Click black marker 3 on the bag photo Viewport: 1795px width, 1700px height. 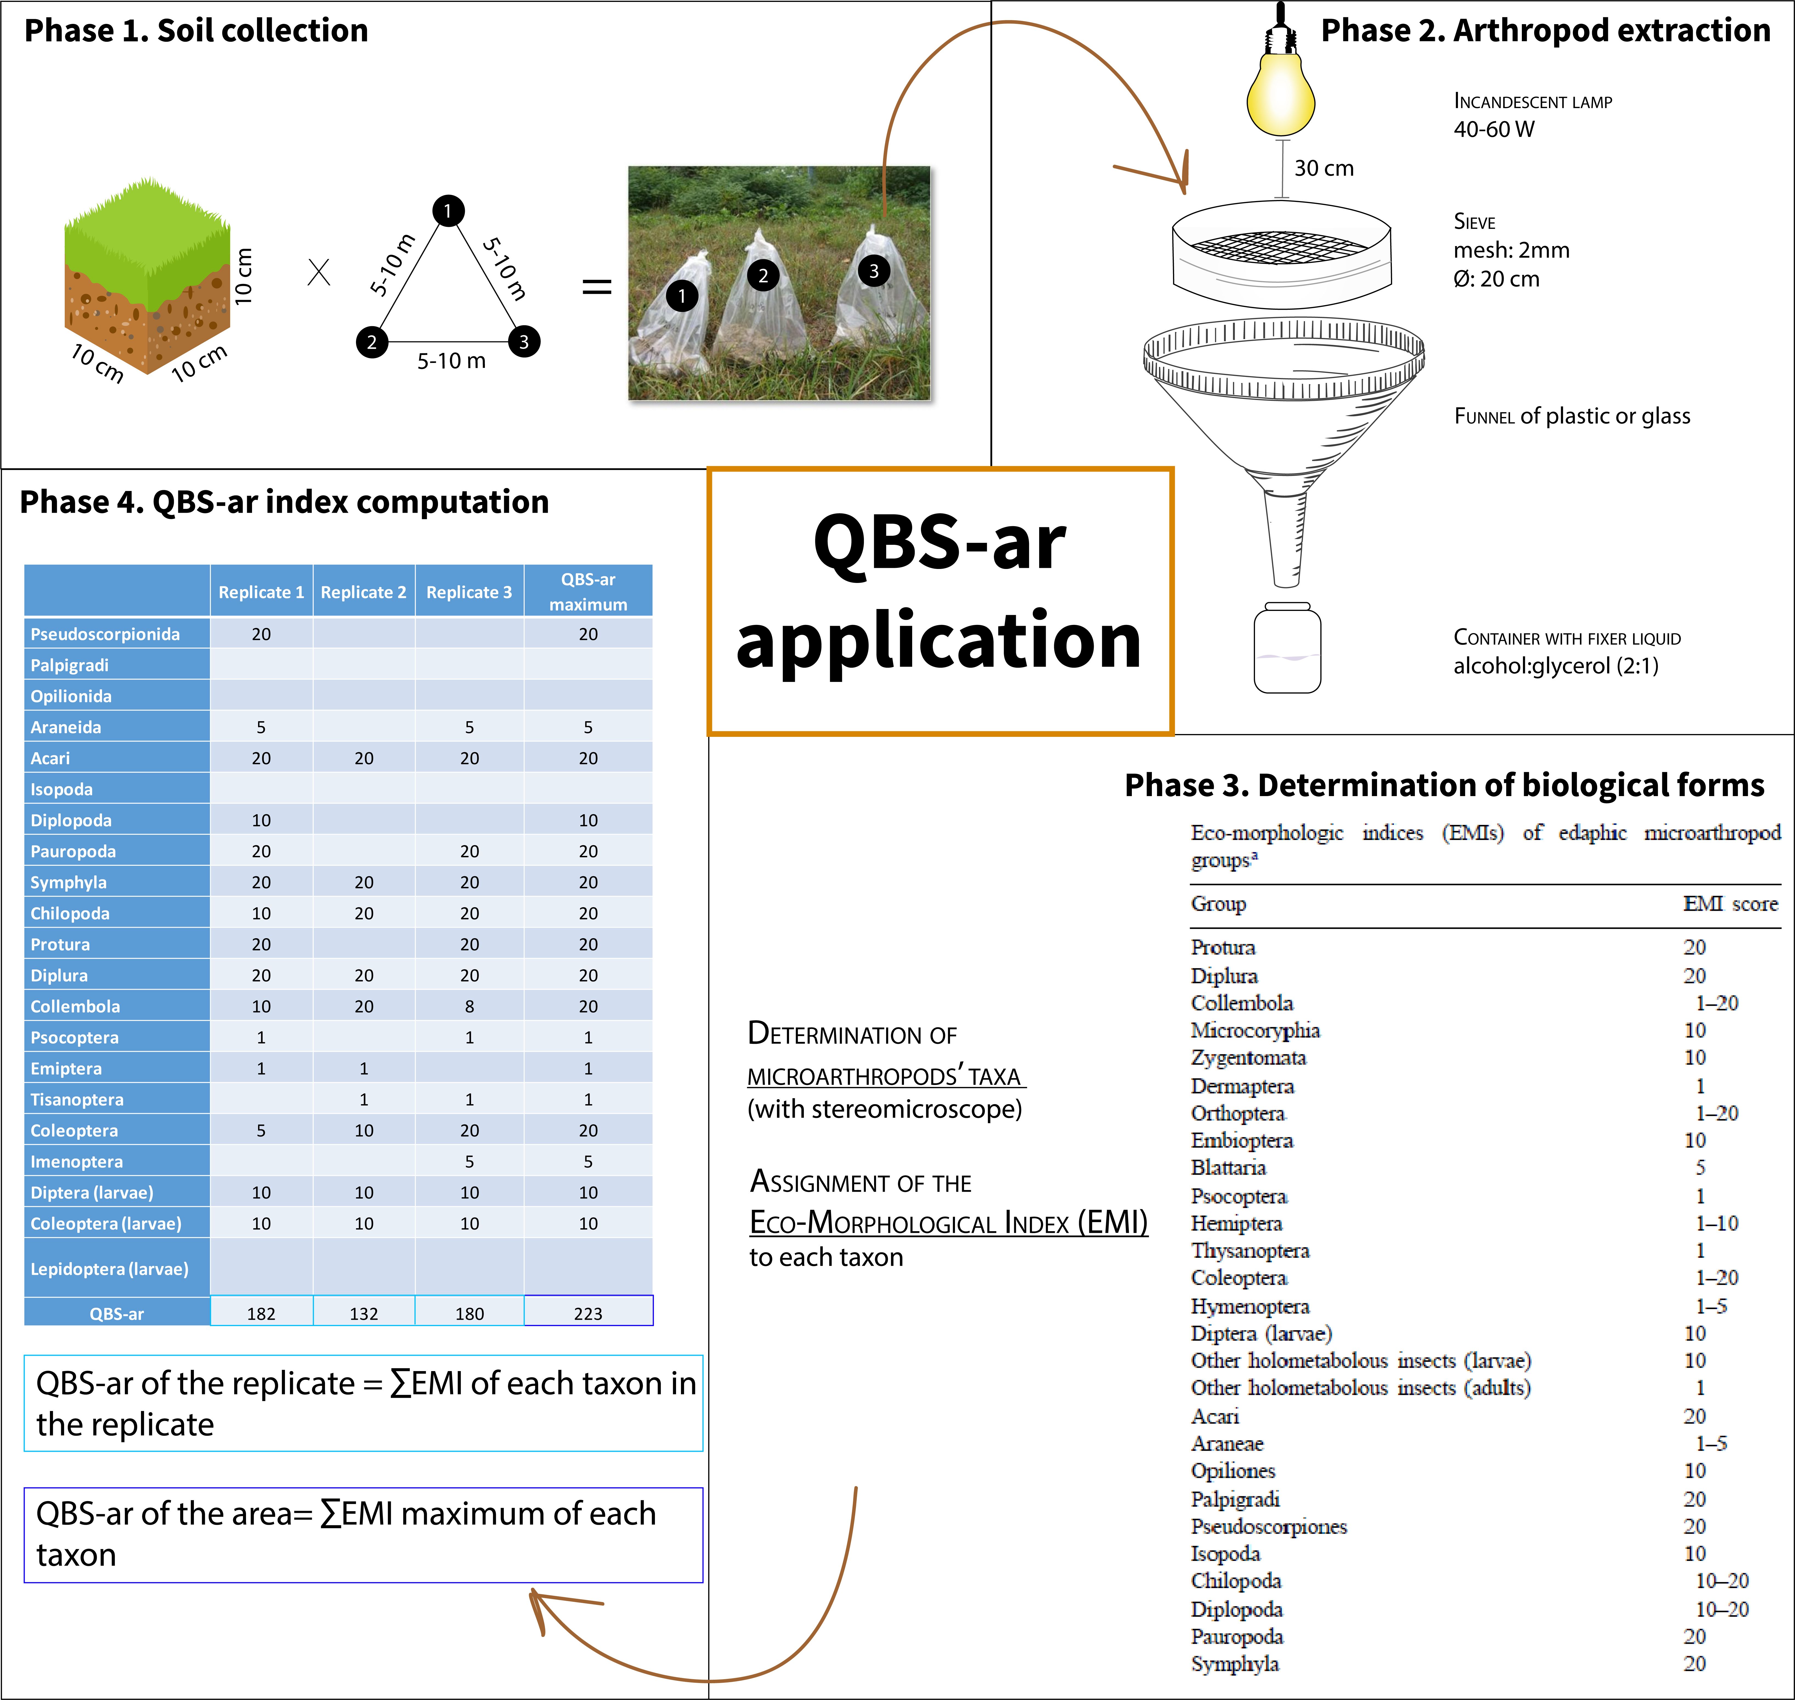(x=874, y=271)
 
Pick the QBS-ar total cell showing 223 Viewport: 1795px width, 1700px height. (x=588, y=1312)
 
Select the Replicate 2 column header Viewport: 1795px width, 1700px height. (x=363, y=592)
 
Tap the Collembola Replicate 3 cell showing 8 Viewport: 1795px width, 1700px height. (x=469, y=1006)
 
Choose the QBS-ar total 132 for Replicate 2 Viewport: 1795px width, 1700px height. (x=363, y=1312)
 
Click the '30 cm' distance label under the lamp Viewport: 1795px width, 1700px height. (x=1324, y=168)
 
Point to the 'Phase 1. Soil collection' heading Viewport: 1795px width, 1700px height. (x=196, y=31)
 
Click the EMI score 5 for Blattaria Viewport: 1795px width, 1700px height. (x=1700, y=1167)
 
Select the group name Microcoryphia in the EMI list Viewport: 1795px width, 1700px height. (x=1255, y=1030)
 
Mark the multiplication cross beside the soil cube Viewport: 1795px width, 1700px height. (x=319, y=272)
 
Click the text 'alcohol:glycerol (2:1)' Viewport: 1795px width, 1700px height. (x=1556, y=666)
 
